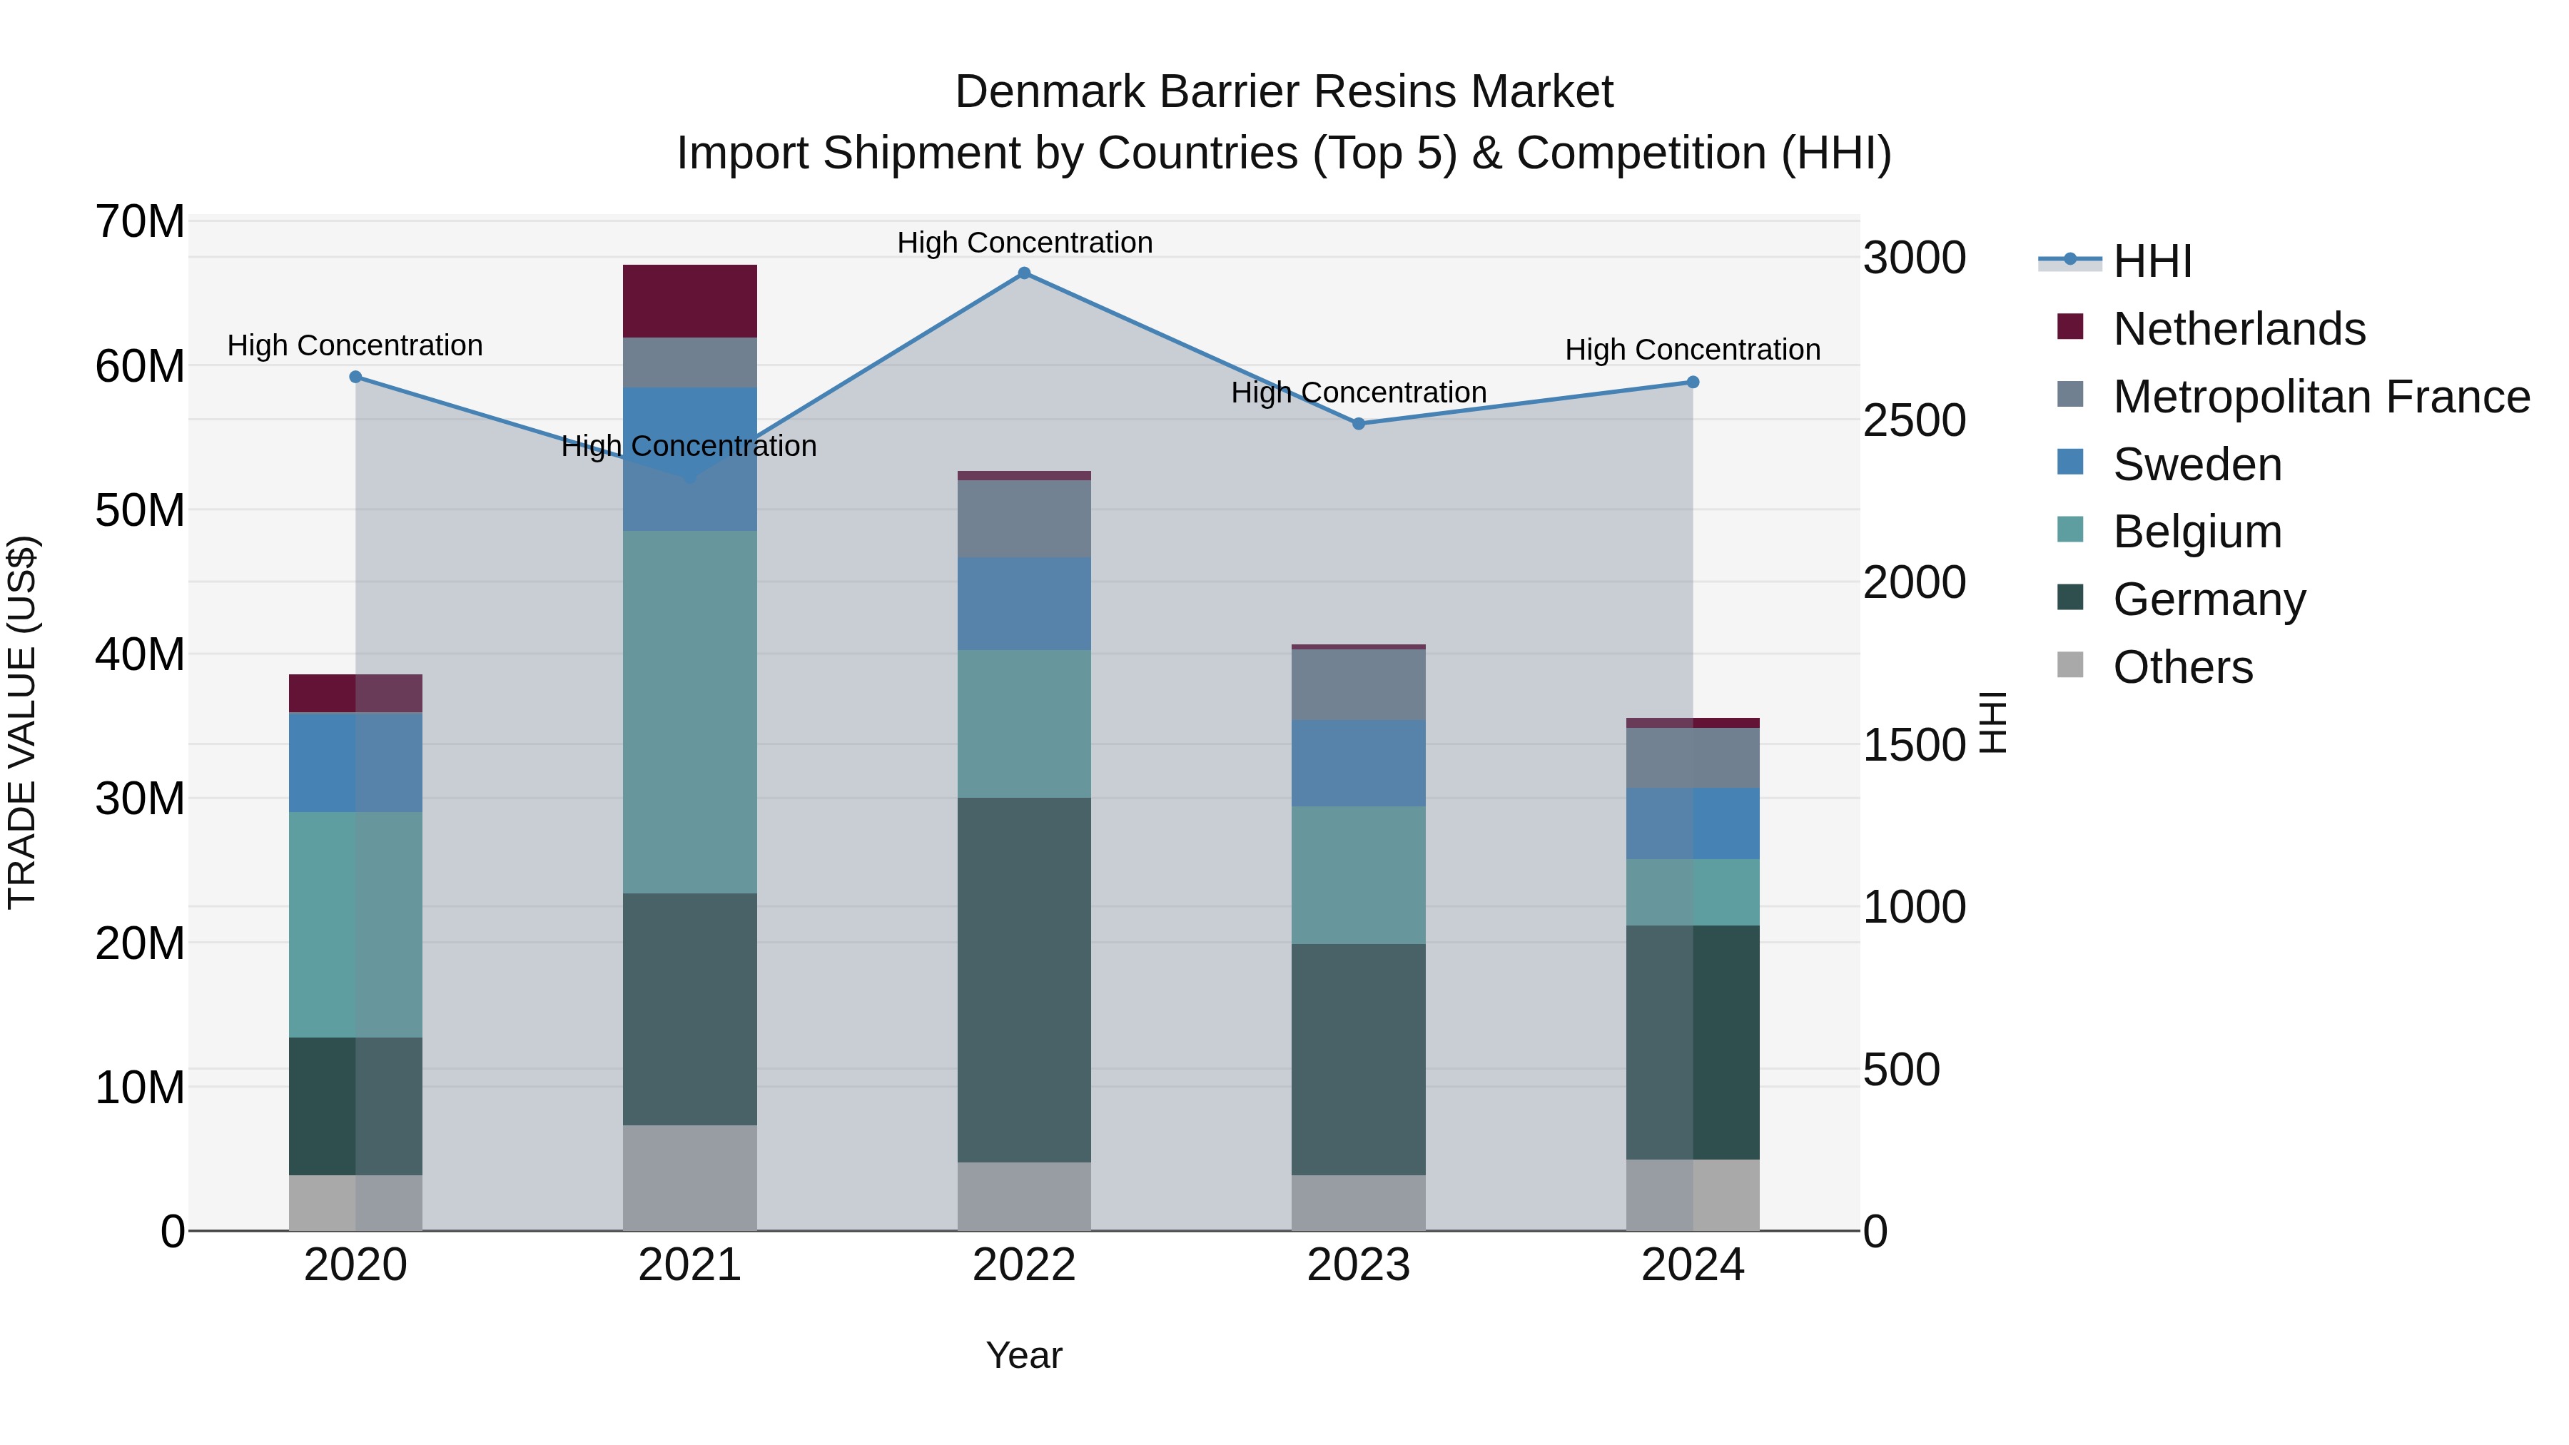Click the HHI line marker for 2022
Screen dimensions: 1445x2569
click(x=1024, y=273)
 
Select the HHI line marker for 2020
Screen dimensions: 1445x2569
click(x=356, y=377)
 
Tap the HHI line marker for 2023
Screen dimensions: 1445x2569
click(x=1358, y=424)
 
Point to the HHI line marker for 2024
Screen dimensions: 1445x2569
click(x=1693, y=382)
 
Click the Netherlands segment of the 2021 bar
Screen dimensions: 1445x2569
click(x=690, y=301)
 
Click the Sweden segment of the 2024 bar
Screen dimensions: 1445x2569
click(x=1693, y=823)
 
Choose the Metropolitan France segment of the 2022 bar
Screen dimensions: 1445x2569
click(x=1024, y=519)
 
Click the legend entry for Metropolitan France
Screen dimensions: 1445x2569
click(x=2321, y=397)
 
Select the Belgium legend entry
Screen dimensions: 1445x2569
click(x=2197, y=532)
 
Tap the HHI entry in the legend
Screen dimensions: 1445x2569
click(x=2152, y=261)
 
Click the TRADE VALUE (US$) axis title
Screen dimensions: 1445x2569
click(x=23, y=722)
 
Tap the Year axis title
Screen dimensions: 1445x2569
click(x=1024, y=1355)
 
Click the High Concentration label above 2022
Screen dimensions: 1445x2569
click(x=1024, y=243)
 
